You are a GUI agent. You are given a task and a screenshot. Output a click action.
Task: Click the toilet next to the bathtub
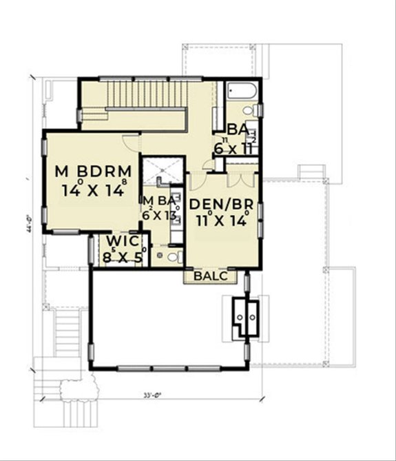pyautogui.click(x=257, y=110)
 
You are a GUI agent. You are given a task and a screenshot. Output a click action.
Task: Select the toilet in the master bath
pyautogui.click(x=174, y=258)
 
